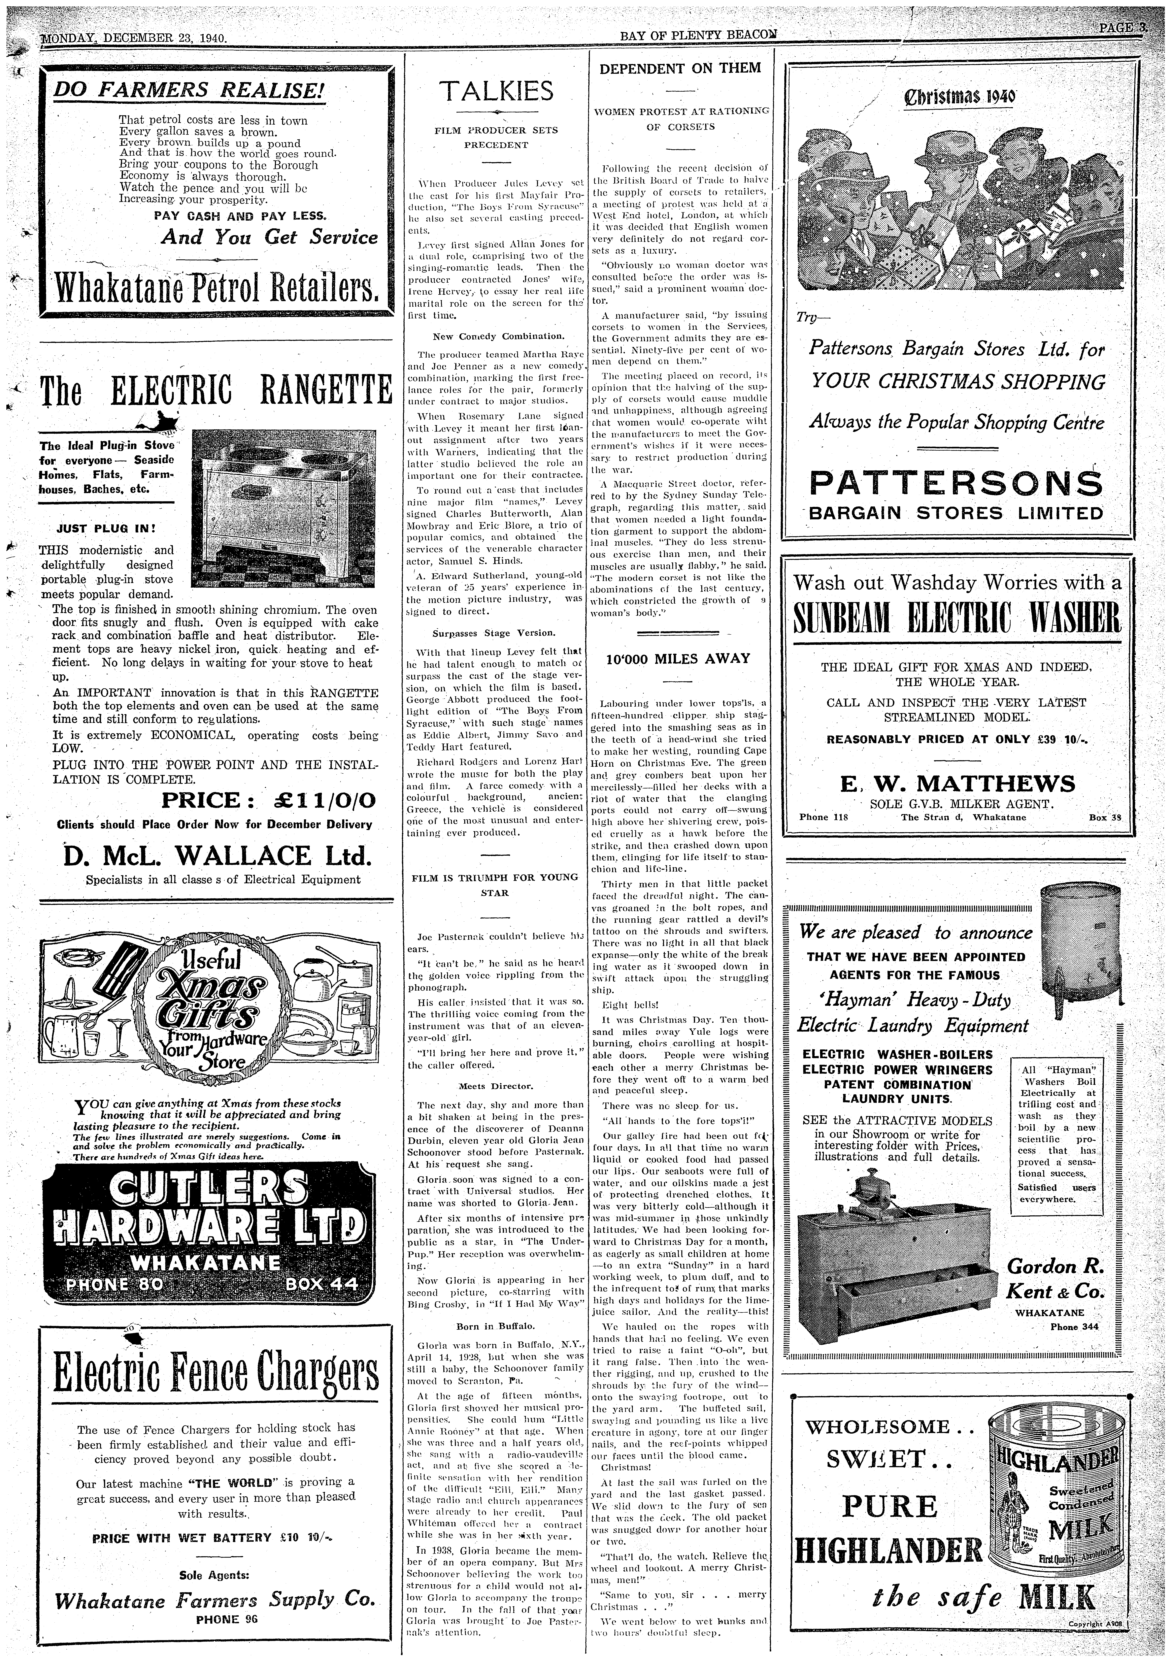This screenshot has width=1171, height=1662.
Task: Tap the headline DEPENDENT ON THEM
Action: point(681,68)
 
